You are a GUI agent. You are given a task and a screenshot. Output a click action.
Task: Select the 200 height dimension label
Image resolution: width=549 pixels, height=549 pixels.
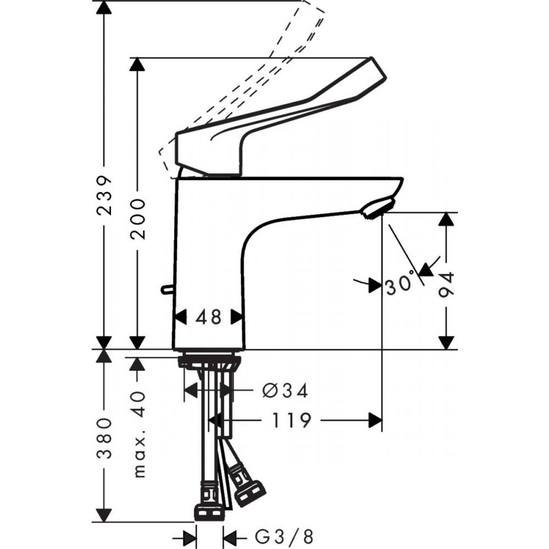[138, 218]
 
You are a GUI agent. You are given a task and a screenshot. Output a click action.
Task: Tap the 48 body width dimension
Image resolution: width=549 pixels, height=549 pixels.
[209, 317]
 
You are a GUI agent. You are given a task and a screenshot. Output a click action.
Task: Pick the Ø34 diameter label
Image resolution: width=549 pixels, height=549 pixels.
[285, 391]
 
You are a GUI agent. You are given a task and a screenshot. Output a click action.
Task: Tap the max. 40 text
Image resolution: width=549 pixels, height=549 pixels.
[139, 434]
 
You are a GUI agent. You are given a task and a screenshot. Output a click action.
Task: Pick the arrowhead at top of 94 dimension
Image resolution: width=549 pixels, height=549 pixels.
[448, 219]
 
